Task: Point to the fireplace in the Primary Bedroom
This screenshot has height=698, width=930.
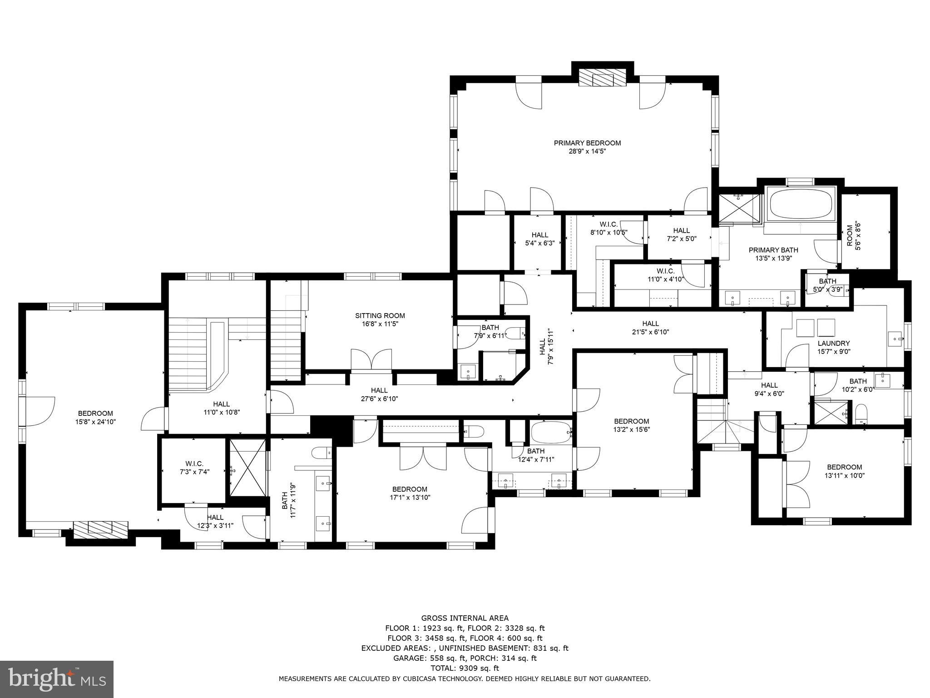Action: [x=602, y=79]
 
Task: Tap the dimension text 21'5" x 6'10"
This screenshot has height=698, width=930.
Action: [x=650, y=332]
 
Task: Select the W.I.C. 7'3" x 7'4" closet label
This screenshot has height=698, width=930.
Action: [x=194, y=468]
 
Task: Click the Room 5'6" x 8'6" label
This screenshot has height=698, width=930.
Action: [x=854, y=233]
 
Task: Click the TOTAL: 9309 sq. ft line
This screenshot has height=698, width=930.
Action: [x=465, y=668]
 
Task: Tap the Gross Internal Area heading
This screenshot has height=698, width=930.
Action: [x=465, y=618]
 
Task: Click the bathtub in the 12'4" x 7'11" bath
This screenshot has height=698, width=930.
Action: [x=551, y=433]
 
